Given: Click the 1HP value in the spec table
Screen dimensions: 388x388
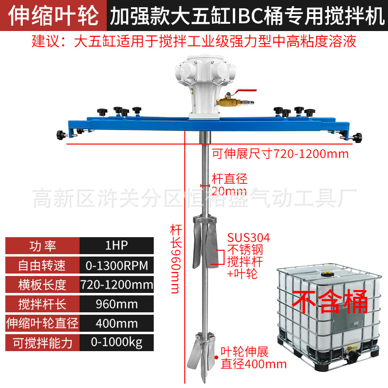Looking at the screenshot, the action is tap(116, 246).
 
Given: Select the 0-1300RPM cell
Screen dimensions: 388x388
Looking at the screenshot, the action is tap(116, 265).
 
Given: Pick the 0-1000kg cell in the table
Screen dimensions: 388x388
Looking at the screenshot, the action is tap(116, 343).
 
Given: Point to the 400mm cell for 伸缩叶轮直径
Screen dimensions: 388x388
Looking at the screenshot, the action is tap(116, 323).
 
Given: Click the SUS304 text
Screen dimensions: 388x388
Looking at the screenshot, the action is tap(248, 238).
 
